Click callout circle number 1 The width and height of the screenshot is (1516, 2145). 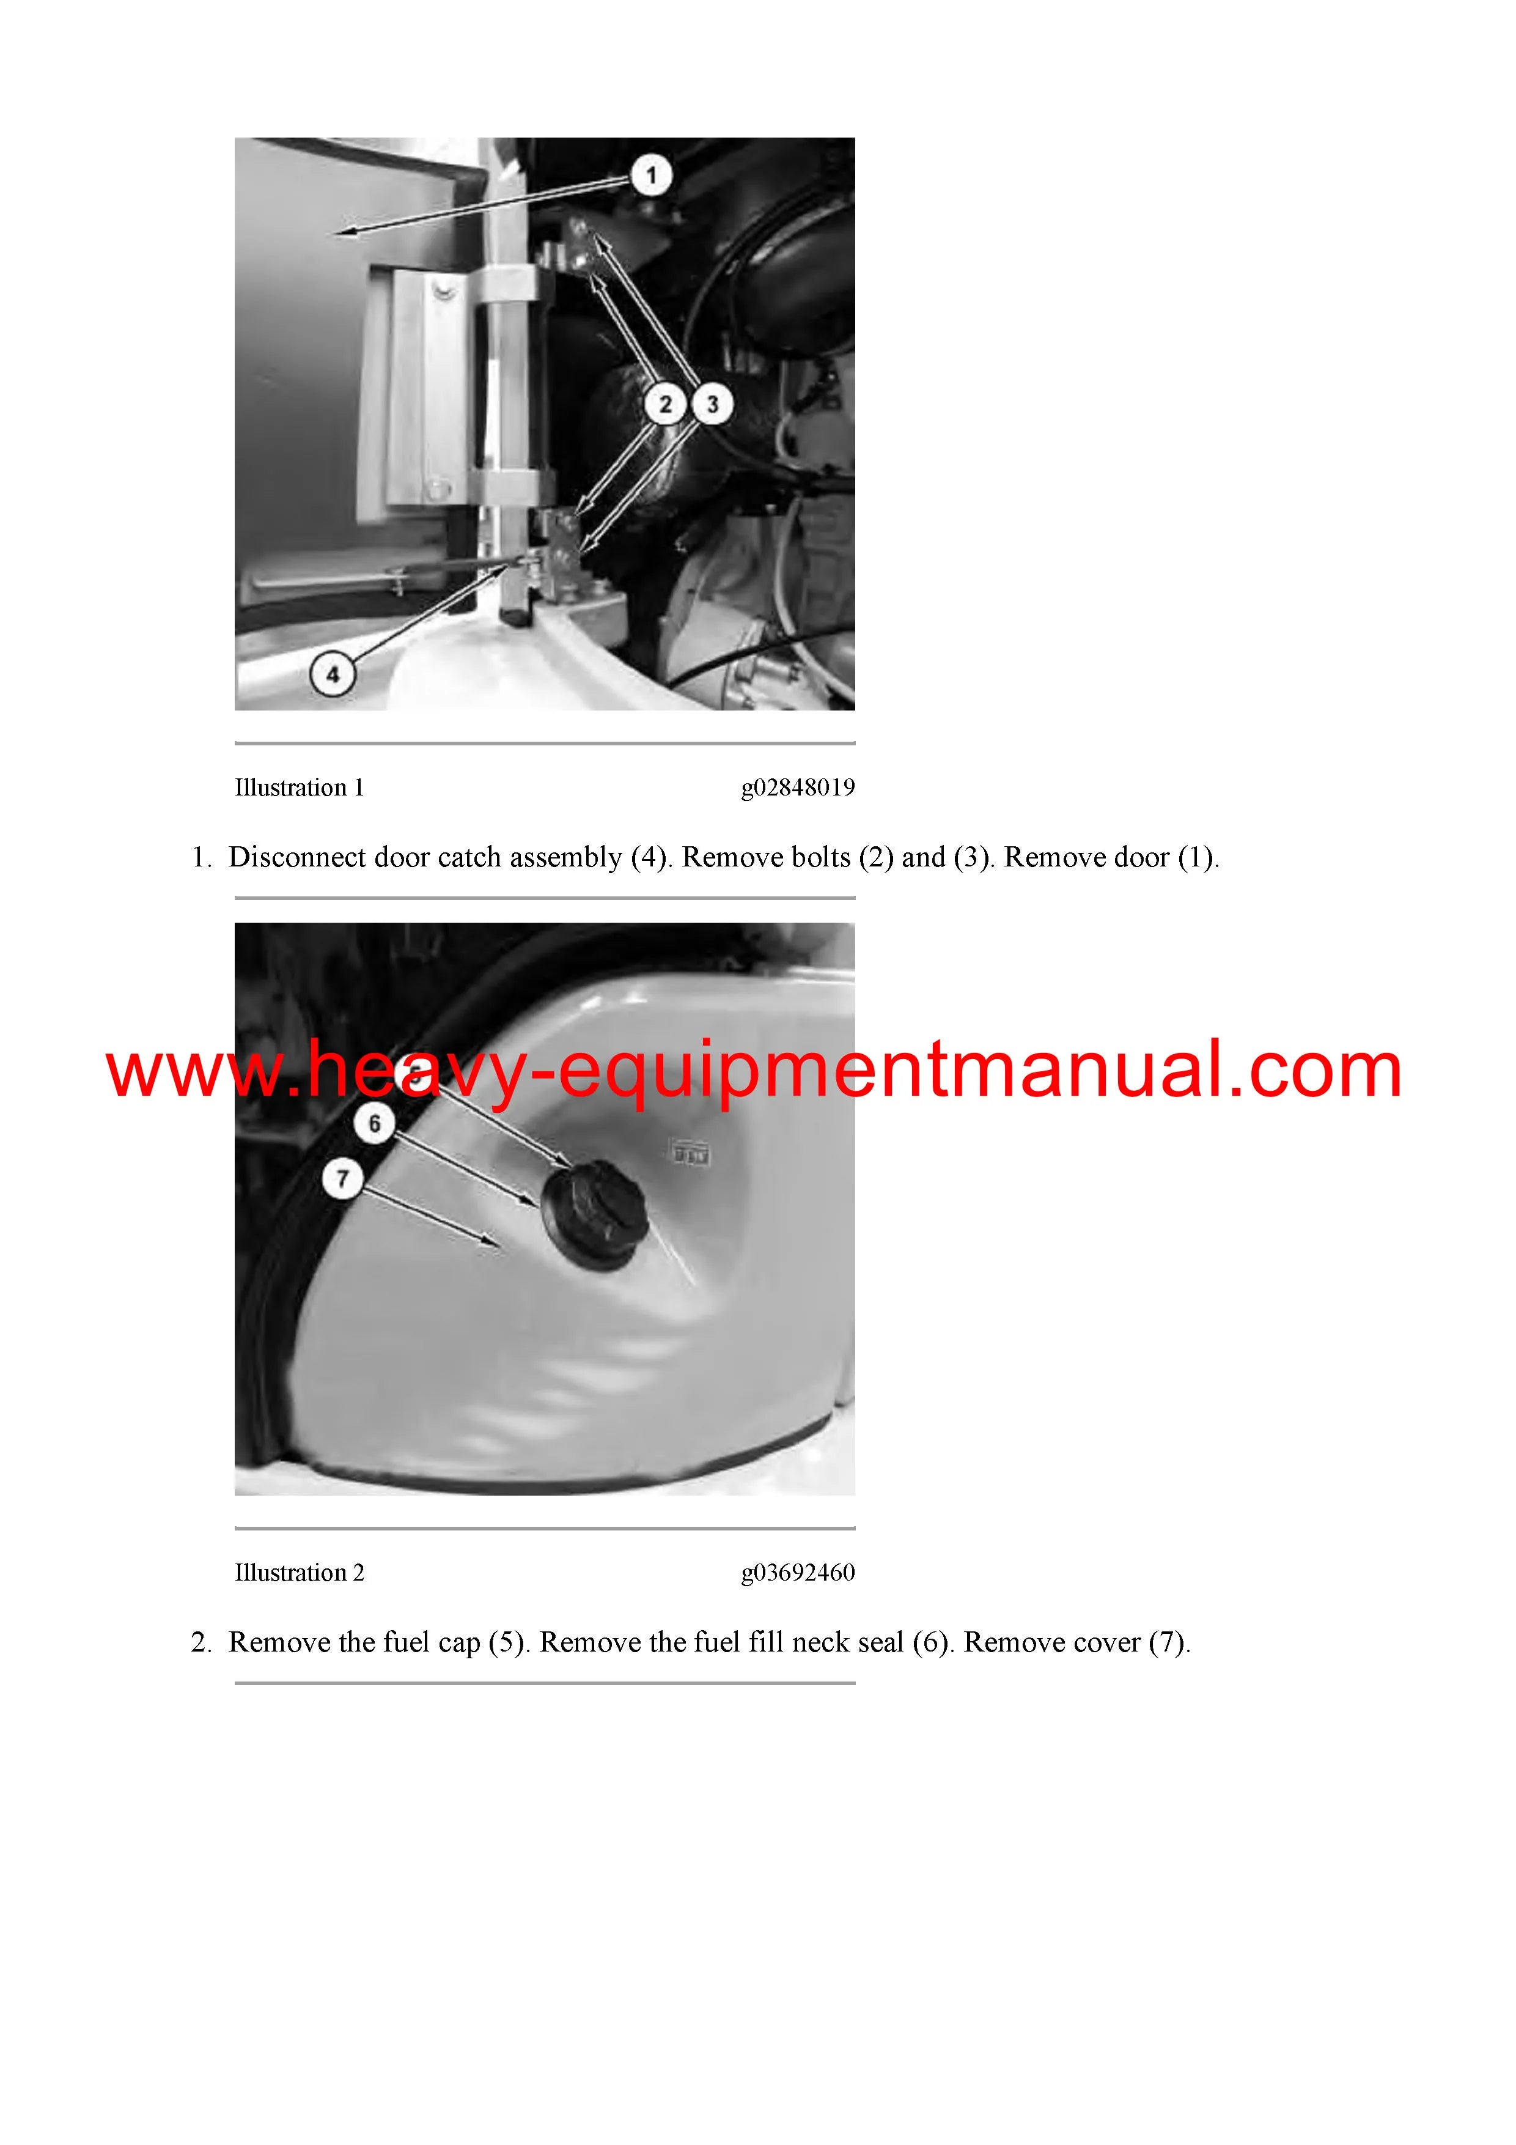pos(651,175)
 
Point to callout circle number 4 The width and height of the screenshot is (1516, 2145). pos(333,674)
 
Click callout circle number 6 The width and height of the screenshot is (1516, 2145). pos(375,1123)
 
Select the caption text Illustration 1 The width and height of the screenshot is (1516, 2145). pos(299,788)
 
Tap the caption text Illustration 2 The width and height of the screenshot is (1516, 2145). pos(299,1572)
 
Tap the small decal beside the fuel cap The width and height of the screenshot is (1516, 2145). pos(692,1154)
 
